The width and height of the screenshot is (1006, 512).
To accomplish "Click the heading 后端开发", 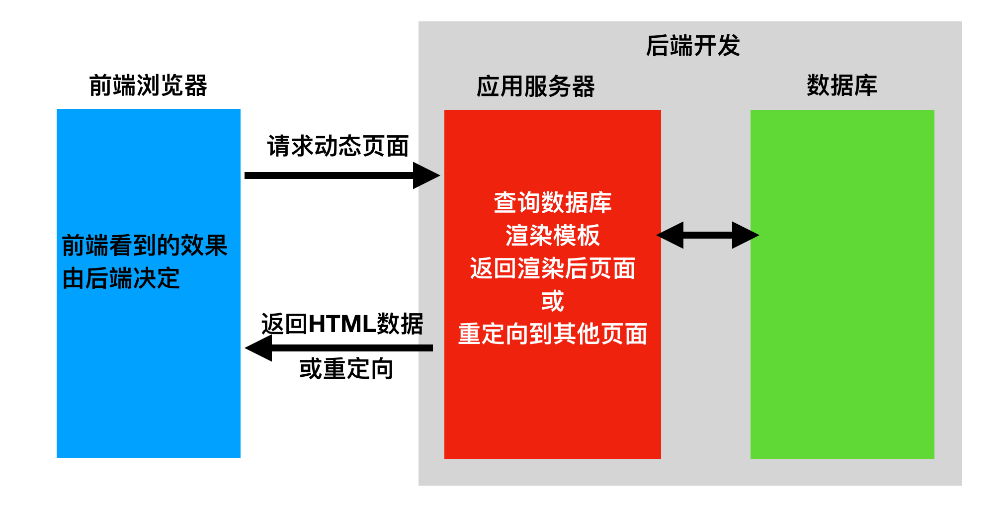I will coord(693,46).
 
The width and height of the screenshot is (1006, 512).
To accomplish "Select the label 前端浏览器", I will coord(148,85).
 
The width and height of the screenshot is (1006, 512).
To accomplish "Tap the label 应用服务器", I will coord(535,86).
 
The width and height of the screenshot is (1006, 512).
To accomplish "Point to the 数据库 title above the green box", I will coord(842,85).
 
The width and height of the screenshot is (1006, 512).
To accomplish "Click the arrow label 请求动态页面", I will coord(338,146).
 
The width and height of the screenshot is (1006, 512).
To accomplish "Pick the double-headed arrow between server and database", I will coord(708,235).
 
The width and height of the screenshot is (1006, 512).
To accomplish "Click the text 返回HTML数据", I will coord(342,324).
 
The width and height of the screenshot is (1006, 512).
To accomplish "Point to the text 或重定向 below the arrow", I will coord(346,369).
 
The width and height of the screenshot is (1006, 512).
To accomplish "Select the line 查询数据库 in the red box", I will coord(552,203).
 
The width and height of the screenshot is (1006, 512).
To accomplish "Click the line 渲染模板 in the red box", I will coord(552,236).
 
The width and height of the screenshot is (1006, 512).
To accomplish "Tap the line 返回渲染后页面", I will coord(552,268).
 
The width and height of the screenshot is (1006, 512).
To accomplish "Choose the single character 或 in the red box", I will coord(552,301).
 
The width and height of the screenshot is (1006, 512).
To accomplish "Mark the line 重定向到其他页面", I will coord(552,334).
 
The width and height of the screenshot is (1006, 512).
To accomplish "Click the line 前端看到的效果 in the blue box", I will coord(145,246).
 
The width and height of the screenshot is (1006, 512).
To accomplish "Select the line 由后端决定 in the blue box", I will coord(121,278).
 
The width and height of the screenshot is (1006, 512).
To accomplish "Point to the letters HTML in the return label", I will coord(342,324).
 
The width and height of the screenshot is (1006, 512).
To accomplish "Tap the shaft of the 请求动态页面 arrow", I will coord(328,175).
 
